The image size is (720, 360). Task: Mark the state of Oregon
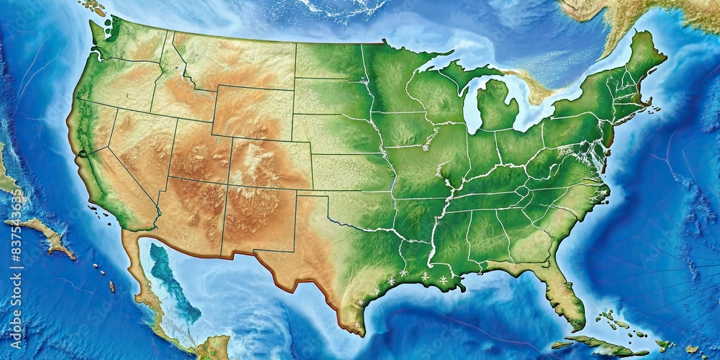(115, 83)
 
